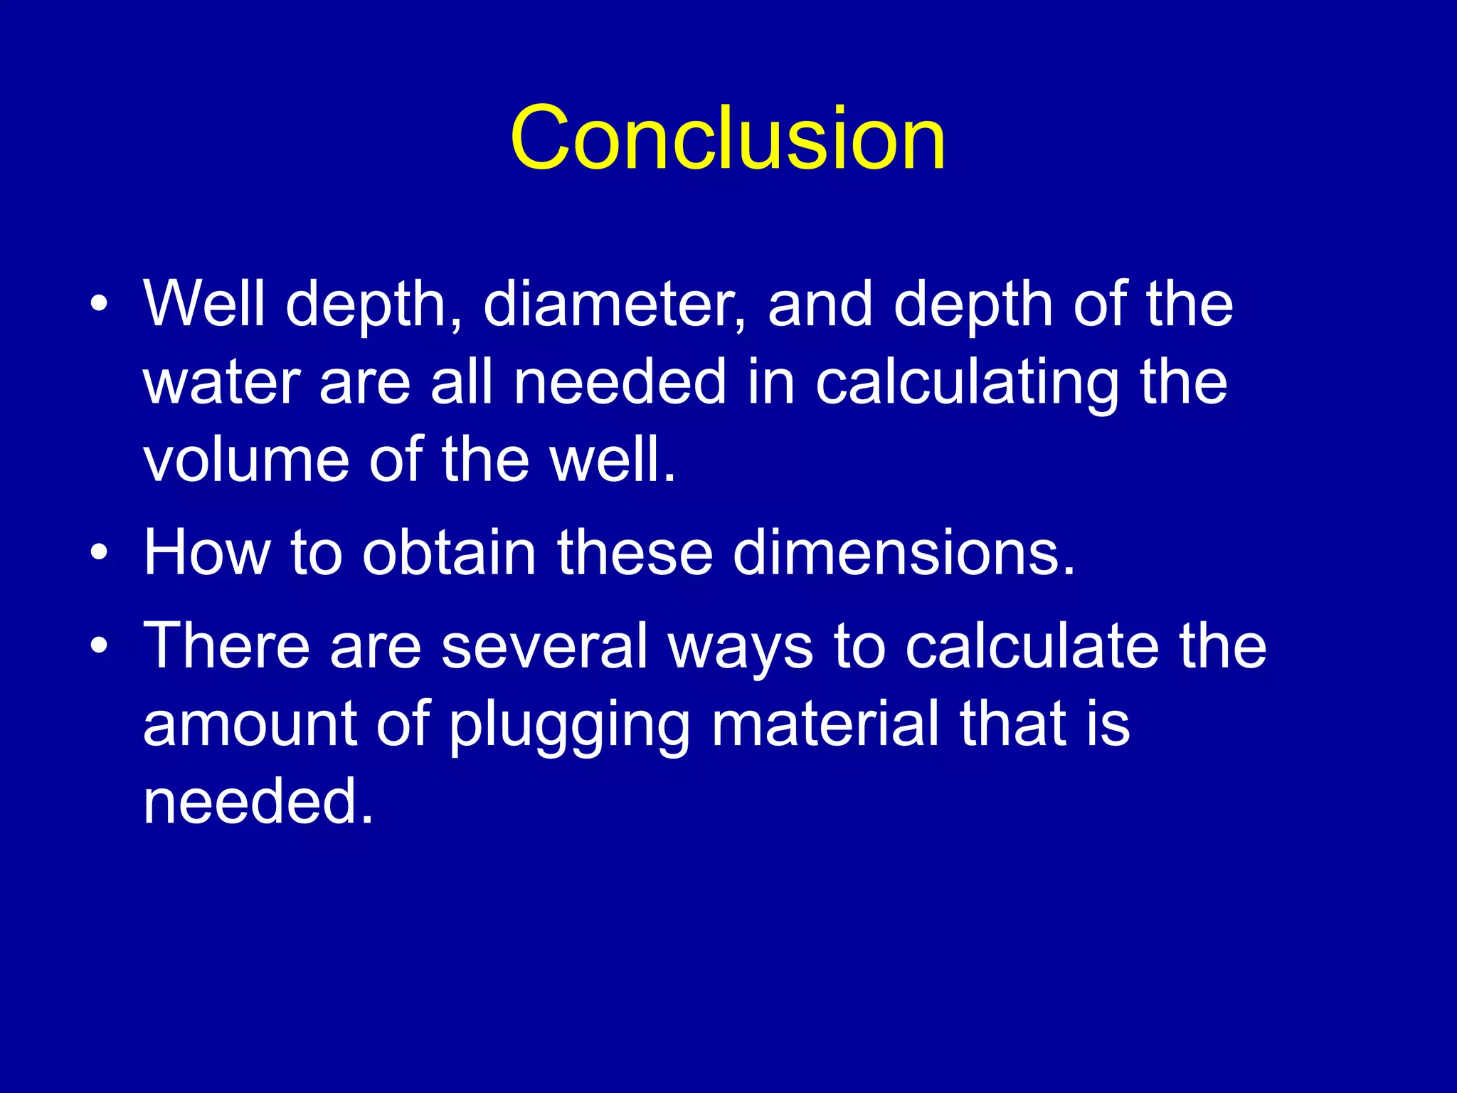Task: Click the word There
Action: (x=227, y=645)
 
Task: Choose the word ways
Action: (x=741, y=645)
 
